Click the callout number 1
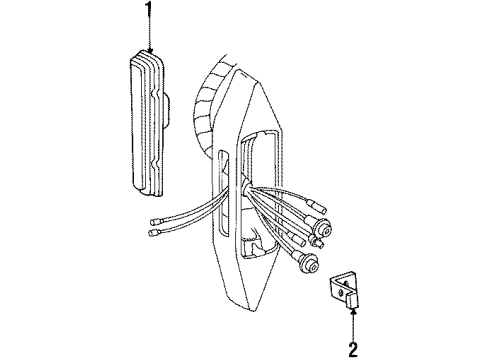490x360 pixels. [x=149, y=14]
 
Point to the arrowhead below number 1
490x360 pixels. [x=150, y=50]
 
